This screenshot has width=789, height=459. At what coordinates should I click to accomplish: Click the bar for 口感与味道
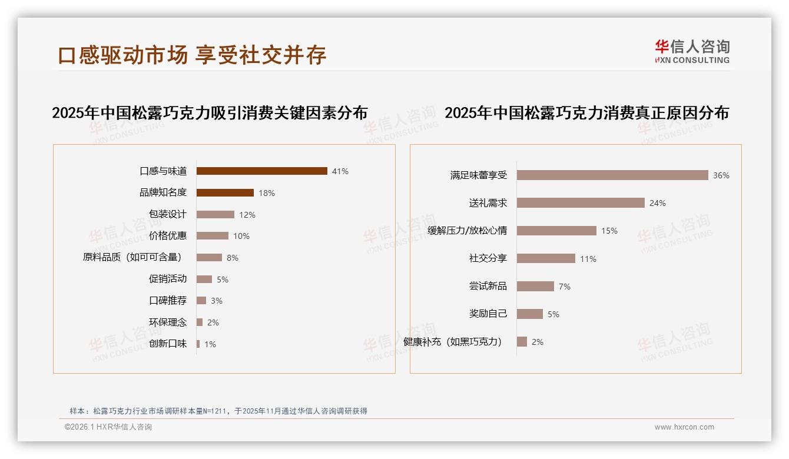(261, 171)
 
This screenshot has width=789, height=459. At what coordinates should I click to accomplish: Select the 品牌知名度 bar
(225, 193)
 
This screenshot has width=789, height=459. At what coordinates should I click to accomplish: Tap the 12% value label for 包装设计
(247, 215)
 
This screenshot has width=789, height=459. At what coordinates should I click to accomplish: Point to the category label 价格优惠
(168, 236)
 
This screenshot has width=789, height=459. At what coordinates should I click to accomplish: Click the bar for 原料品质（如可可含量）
(209, 258)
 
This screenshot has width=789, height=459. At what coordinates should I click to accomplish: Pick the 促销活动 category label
(168, 279)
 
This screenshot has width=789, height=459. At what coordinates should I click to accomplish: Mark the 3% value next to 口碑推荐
(217, 301)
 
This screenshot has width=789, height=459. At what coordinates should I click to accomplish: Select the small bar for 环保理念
(200, 322)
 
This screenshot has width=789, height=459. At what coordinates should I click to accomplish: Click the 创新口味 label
(168, 344)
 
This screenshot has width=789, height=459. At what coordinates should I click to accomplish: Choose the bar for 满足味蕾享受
(612, 175)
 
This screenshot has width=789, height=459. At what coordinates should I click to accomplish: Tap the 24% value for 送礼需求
(658, 203)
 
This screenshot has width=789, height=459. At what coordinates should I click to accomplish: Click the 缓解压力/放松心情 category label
(468, 231)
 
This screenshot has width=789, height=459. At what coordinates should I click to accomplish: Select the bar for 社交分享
(546, 258)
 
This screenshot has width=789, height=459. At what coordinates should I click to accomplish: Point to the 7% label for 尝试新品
(565, 287)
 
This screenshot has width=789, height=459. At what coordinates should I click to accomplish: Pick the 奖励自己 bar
(530, 314)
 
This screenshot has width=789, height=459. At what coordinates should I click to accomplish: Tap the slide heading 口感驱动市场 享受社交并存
(192, 55)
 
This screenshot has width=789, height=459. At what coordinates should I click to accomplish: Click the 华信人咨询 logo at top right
(692, 51)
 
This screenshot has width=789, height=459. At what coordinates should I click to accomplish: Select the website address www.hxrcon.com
(684, 427)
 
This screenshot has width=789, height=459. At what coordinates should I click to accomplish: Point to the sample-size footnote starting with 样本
(218, 411)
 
